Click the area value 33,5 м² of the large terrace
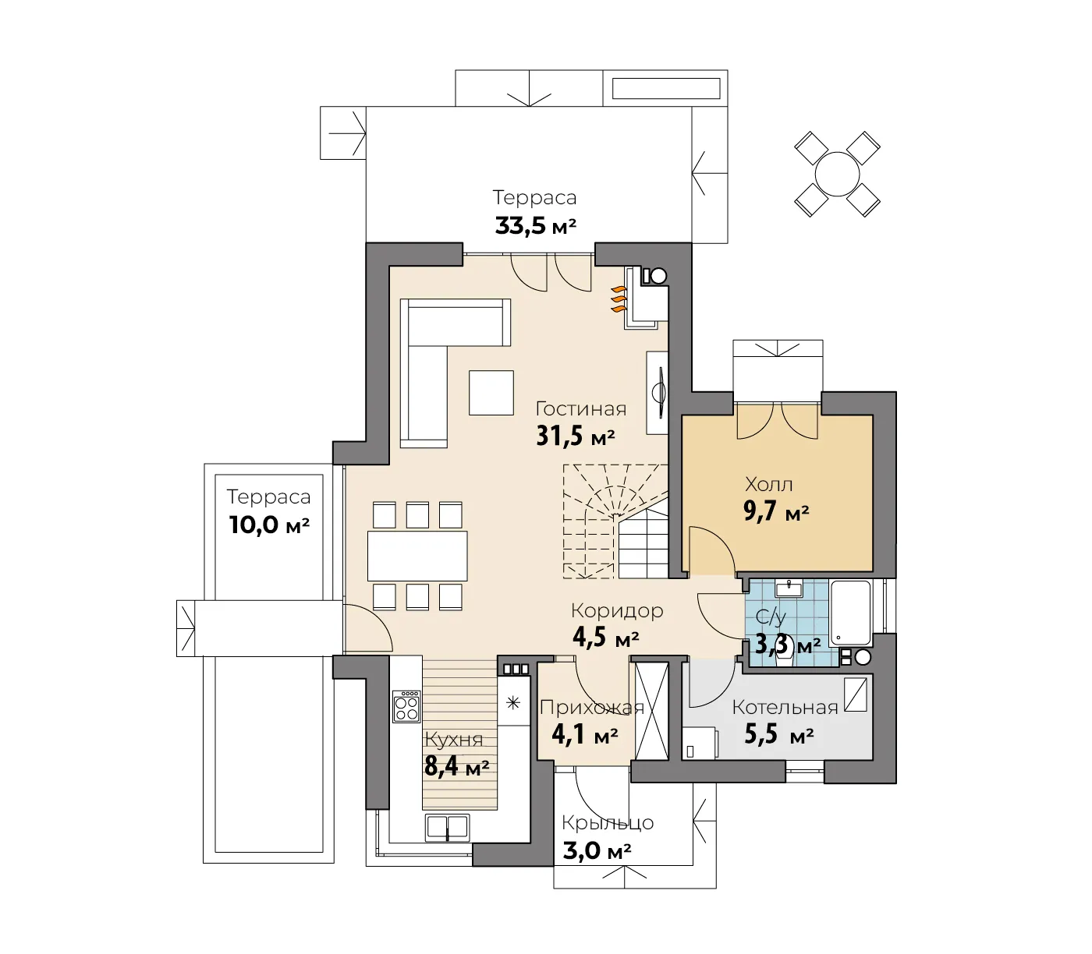coord(535,225)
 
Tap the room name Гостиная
coord(580,409)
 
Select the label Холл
coord(768,484)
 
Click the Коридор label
coord(617,610)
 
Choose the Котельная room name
coord(785,707)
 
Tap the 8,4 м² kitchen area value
coord(457,766)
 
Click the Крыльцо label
coord(608,823)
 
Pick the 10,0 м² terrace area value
coord(269,525)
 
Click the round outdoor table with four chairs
coord(837,174)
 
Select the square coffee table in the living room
coord(491,393)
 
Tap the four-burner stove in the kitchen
coord(406,707)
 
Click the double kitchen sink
coord(447,827)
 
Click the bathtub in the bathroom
coord(851,613)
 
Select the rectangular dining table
coord(417,556)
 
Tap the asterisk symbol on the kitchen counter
coord(513,702)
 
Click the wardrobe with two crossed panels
coord(651,711)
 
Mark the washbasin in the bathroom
coord(789,588)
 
